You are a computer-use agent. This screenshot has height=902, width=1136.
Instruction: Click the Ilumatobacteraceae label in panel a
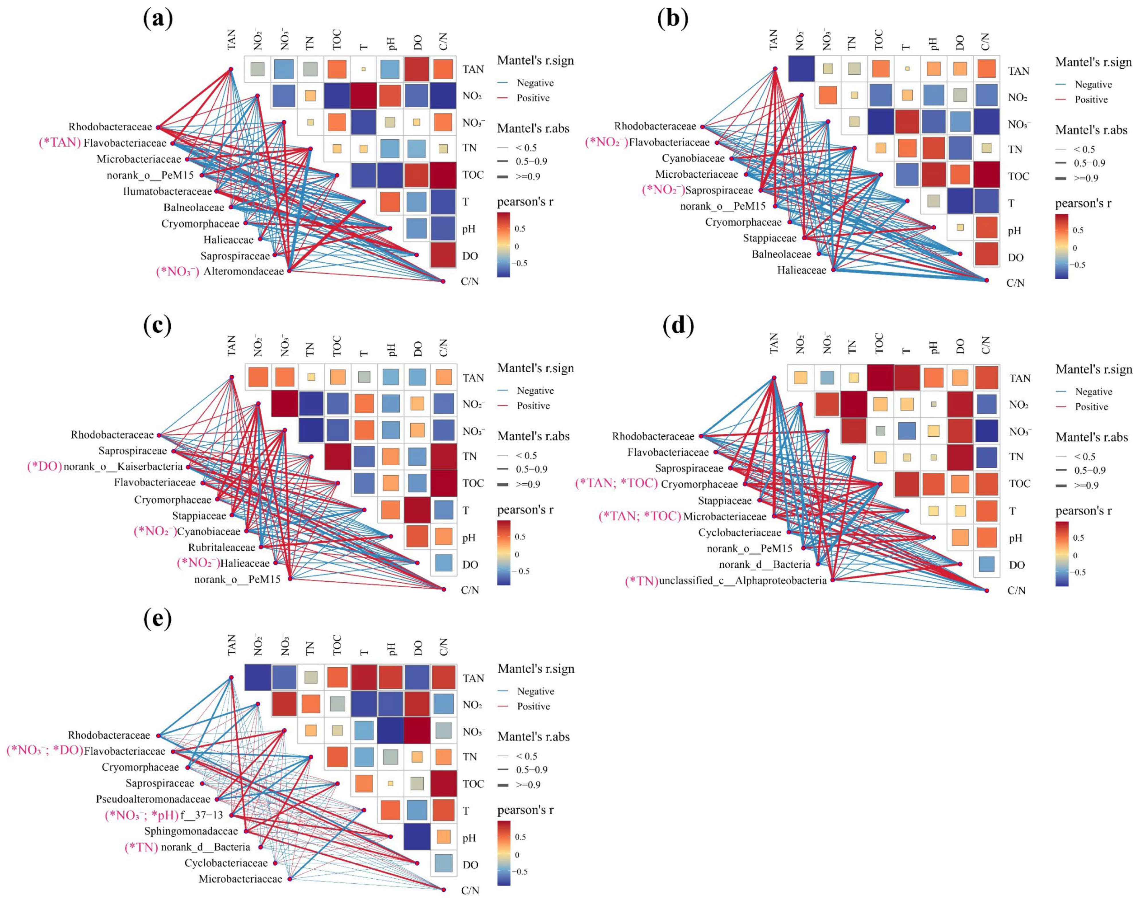(x=167, y=191)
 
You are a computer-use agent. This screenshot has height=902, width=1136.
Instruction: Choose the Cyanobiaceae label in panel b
(x=693, y=158)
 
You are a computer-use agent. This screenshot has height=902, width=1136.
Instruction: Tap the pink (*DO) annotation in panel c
(x=44, y=467)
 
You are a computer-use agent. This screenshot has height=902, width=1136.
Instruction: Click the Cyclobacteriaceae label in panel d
(x=739, y=533)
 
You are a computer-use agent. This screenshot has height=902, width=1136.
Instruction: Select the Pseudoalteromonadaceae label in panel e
(x=153, y=799)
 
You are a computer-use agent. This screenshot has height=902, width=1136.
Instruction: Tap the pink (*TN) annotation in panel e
(x=141, y=847)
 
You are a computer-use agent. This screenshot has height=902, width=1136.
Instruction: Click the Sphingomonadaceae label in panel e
(x=191, y=831)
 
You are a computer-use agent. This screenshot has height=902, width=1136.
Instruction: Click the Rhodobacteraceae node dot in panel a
(x=159, y=127)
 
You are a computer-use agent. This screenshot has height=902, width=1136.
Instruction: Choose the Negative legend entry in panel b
(x=1093, y=84)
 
